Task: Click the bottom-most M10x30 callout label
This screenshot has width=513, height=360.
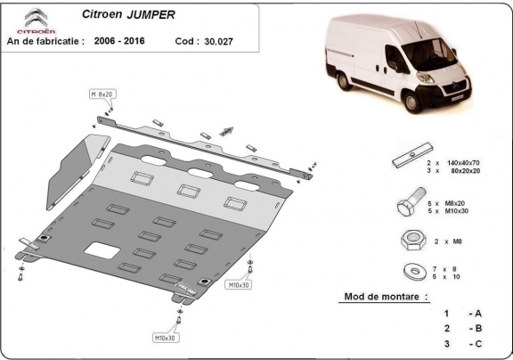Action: pos(164,339)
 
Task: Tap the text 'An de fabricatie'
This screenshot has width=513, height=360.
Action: pos(45,40)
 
